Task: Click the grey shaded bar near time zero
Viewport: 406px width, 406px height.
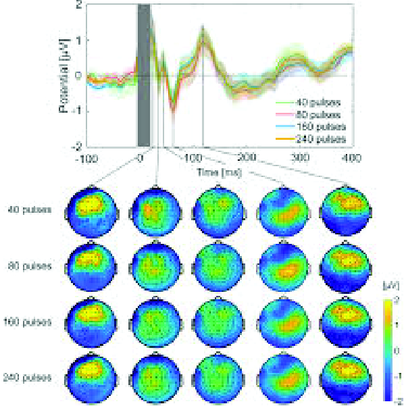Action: coord(144,74)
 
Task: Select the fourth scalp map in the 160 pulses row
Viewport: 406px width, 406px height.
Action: coord(284,323)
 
